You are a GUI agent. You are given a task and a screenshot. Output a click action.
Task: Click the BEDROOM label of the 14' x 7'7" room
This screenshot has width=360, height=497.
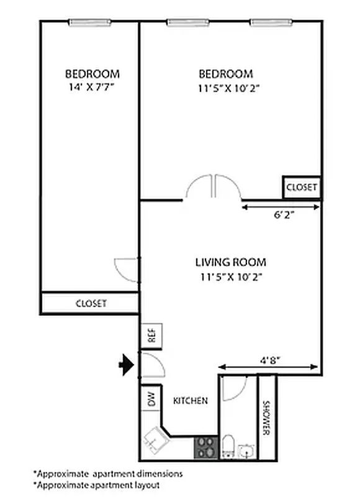point(92,73)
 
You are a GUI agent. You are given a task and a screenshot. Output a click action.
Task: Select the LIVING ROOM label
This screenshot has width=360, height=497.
point(230,262)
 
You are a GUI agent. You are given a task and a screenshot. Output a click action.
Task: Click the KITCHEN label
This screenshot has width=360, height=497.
point(190,401)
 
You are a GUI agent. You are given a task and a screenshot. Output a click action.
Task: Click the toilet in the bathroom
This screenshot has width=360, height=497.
point(228,447)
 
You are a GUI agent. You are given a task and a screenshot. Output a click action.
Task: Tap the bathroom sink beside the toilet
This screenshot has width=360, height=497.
point(246,450)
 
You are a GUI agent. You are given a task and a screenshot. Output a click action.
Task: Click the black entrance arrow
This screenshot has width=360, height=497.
point(127,365)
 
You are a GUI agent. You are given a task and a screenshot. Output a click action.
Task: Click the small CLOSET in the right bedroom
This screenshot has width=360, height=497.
point(302,187)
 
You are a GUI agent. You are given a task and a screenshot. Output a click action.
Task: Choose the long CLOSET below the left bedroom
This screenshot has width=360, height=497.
point(91,304)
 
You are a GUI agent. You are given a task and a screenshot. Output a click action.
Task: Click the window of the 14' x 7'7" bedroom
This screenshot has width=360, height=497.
point(89,23)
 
